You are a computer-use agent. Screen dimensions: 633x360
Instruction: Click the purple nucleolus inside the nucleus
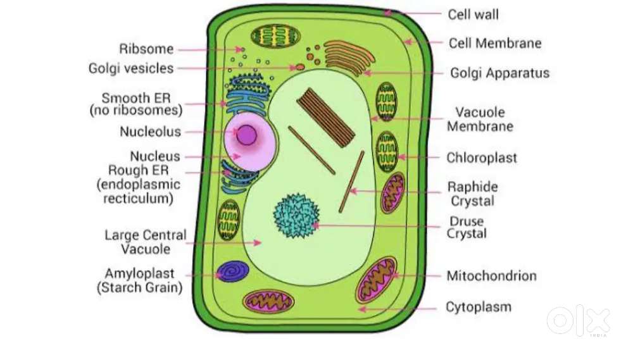point(246,135)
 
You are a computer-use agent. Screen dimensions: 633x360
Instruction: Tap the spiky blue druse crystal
point(296,216)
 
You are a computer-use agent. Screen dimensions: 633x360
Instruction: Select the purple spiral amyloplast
point(233,271)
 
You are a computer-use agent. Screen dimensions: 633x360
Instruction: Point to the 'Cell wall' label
point(473,15)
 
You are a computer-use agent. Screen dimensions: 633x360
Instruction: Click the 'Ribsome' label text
point(146,49)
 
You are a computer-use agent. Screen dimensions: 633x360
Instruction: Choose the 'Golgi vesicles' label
point(131,68)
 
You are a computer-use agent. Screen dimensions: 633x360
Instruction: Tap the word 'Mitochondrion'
point(492,276)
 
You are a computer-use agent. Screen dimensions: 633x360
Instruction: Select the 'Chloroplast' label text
point(482,158)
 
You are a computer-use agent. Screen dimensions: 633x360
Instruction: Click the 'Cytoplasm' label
point(479,307)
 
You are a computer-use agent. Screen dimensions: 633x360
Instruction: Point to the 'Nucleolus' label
point(150,132)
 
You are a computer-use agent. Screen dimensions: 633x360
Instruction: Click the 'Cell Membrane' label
point(496,43)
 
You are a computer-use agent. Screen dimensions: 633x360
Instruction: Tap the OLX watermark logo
point(579,320)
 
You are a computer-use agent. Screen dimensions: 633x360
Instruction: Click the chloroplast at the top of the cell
point(276,36)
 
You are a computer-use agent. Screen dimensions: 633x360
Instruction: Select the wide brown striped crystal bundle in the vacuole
point(326,118)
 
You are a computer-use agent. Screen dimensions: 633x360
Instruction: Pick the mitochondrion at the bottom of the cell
point(268,302)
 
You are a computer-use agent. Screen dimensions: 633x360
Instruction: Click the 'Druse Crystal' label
point(467,227)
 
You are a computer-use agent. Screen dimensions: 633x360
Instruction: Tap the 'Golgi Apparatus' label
point(500,73)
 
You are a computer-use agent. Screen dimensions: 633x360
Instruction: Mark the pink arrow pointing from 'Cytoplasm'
point(398,309)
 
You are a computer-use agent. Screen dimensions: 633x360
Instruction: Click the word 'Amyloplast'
point(140,273)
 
